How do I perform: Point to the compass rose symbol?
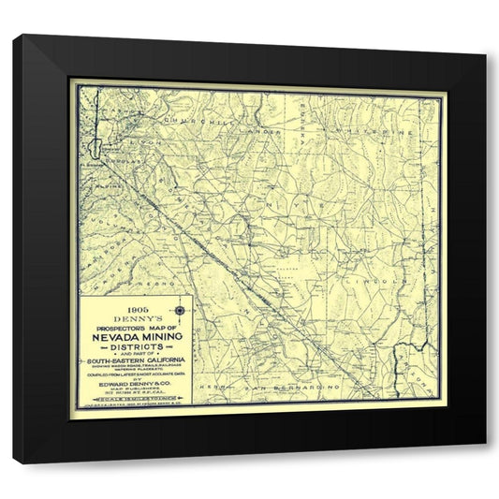coord(181,309)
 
